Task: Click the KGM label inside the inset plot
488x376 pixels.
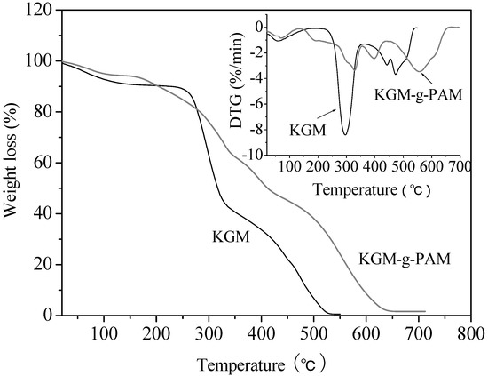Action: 308,129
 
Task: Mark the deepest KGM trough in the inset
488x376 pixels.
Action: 345,134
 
